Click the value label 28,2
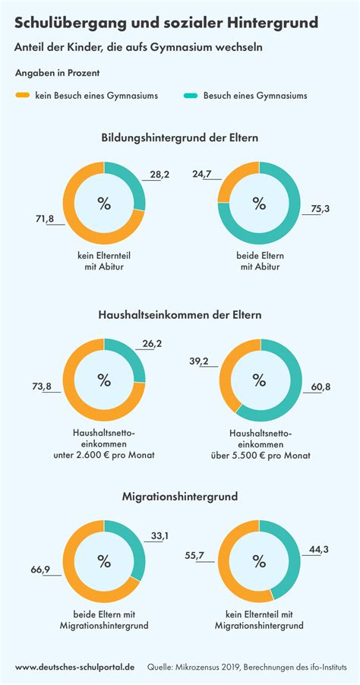coord(159,175)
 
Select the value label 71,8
coord(44,219)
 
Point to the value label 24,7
coord(202,174)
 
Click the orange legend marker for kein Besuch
coord(23,96)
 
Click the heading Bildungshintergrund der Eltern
coord(180,138)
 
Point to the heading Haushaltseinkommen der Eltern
coord(180,314)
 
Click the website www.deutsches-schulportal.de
coord(75,666)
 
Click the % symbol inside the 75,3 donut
coord(259,203)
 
